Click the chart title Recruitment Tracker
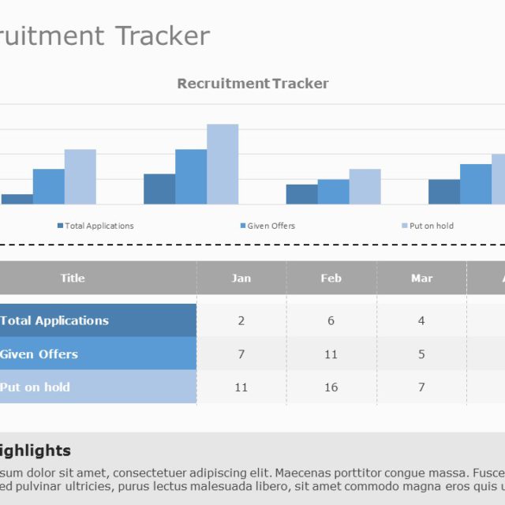coord(252,84)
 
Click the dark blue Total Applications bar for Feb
coord(159,189)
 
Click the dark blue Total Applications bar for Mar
coord(301,194)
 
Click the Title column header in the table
coord(73,278)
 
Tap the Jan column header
coord(241,278)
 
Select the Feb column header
coord(331,278)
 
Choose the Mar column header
coord(422,278)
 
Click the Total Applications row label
coord(55,320)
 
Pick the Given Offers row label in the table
coord(39,353)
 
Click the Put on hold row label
coord(36,387)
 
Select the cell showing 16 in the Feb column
coord(331,387)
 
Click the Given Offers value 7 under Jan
coord(241,353)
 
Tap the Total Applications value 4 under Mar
coord(421,320)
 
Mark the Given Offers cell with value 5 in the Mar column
coord(421,353)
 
